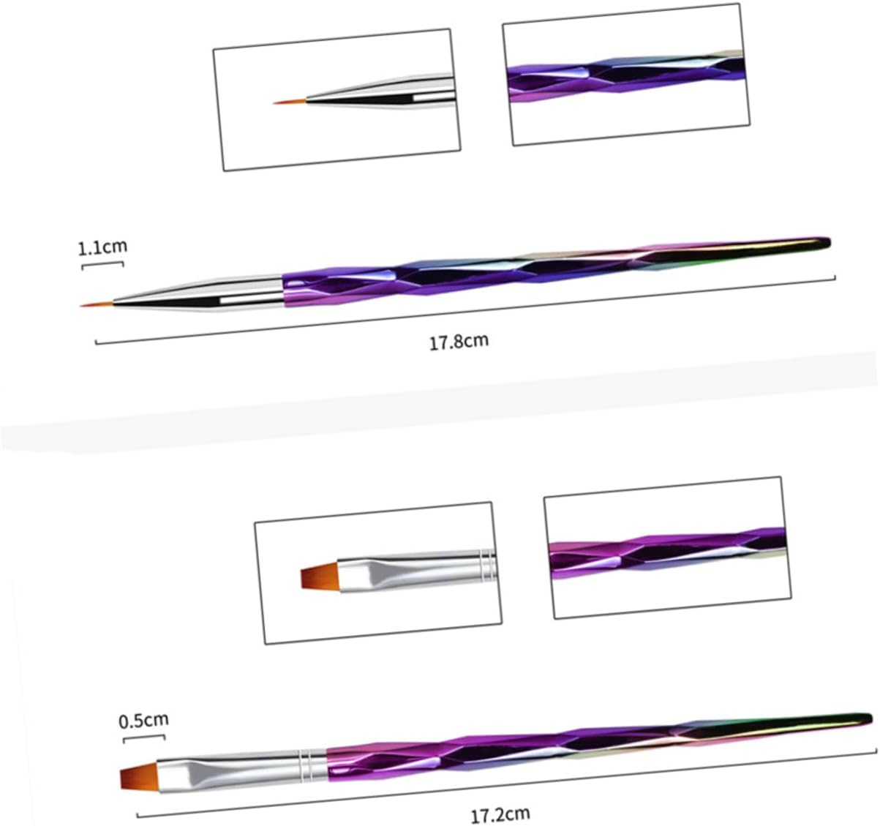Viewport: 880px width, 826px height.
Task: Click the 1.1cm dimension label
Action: click(102, 247)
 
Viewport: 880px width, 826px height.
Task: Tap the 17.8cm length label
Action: click(459, 341)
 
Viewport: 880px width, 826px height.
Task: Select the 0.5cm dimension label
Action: click(143, 721)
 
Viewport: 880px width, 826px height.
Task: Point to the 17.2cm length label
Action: click(500, 813)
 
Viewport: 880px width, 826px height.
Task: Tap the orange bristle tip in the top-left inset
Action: click(290, 101)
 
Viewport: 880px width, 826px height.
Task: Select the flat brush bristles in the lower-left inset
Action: click(317, 576)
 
